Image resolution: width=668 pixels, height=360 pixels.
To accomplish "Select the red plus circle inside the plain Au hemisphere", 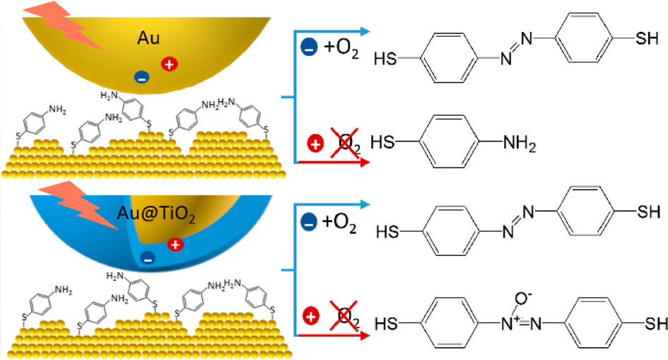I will point(168,65).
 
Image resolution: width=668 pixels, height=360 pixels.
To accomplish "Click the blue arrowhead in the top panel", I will point(366,31).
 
